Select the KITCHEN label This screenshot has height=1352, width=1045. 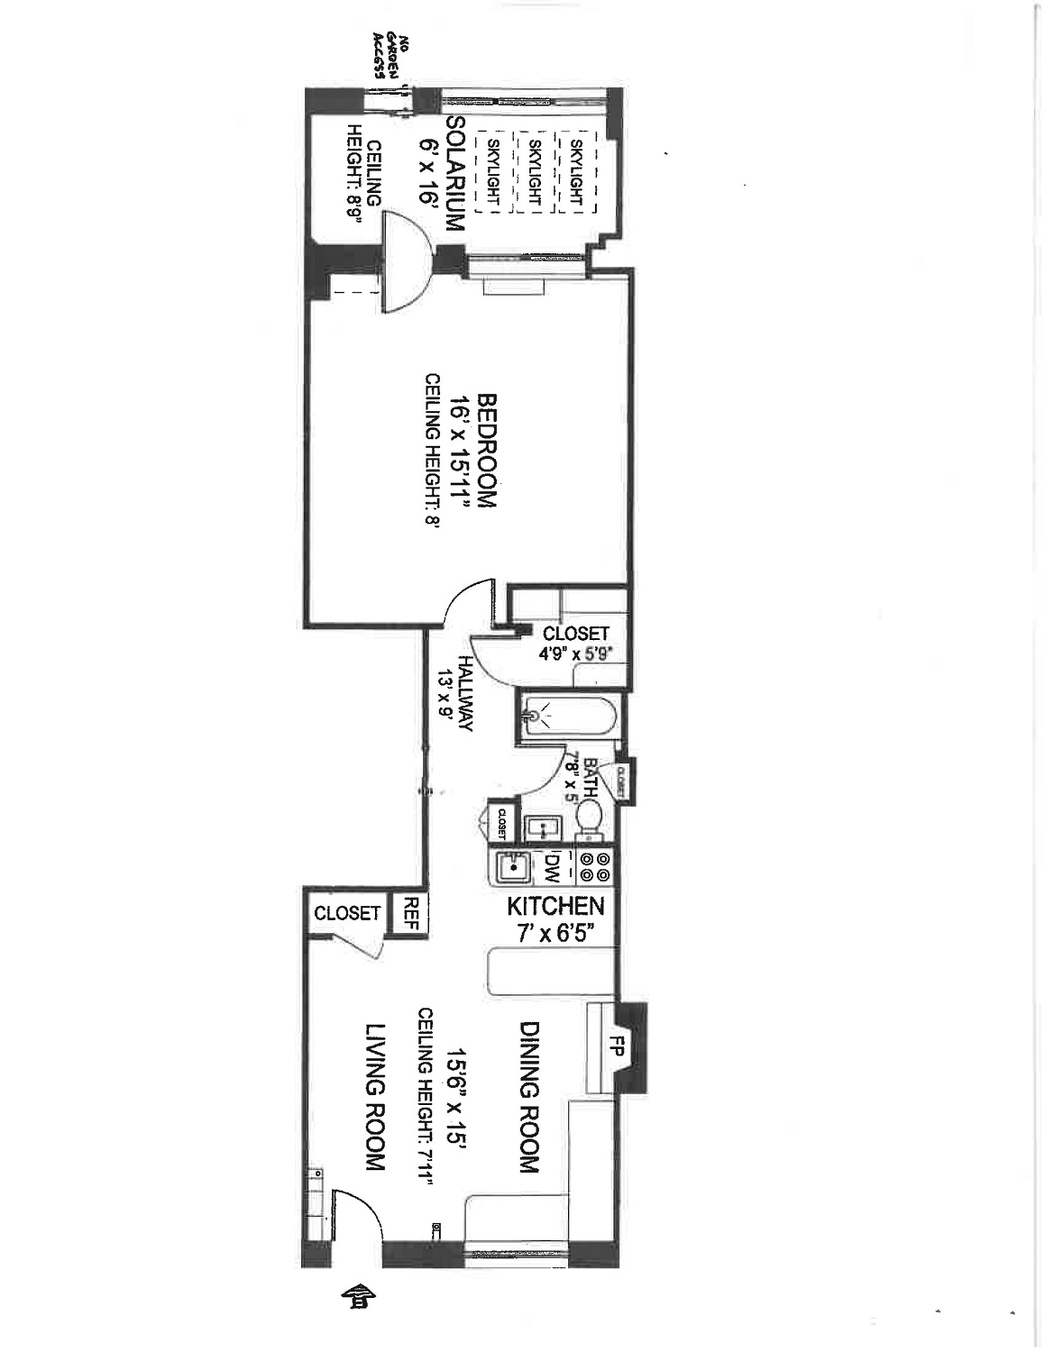pos(555,906)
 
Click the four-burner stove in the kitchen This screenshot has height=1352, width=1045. pos(595,867)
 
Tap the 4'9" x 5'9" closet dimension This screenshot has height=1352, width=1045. pos(575,654)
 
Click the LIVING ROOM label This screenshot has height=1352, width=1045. pos(376,1097)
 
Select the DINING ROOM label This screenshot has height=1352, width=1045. pos(529,1096)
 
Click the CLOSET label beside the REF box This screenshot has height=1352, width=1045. pos(347,913)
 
